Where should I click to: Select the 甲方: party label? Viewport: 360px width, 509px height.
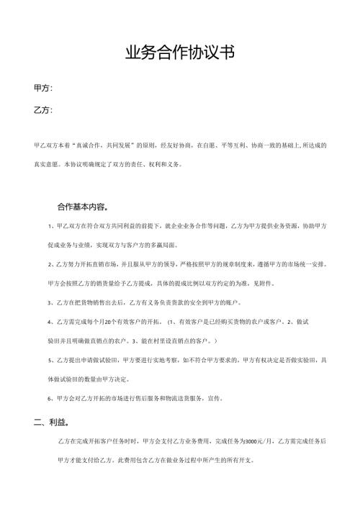(42, 88)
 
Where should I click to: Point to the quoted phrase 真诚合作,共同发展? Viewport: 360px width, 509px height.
(111, 145)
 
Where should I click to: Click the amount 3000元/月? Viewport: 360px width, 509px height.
(256, 441)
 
